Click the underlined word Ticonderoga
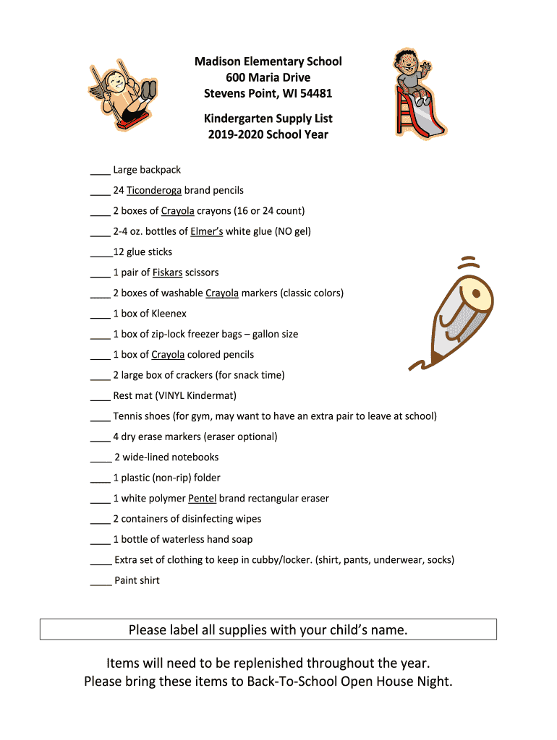[x=153, y=191]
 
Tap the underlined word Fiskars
[x=167, y=273]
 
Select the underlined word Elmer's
[x=206, y=232]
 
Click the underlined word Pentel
[x=202, y=499]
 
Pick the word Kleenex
[x=169, y=314]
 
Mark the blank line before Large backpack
[x=100, y=173]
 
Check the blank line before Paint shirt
[x=101, y=584]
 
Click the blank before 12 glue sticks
[x=101, y=256]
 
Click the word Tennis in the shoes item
[x=127, y=416]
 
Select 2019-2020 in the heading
[x=234, y=134]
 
